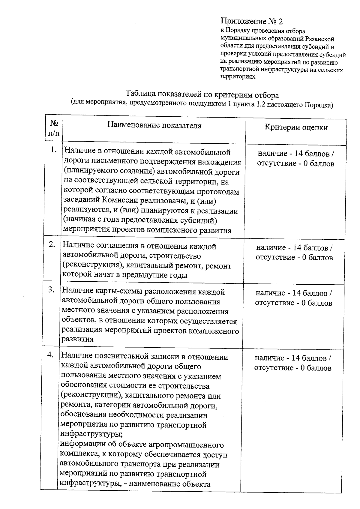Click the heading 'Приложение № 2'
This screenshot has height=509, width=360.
pyautogui.click(x=252, y=21)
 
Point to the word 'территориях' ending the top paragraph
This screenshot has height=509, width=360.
pyautogui.click(x=238, y=77)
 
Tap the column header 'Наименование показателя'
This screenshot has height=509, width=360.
pyautogui.click(x=154, y=125)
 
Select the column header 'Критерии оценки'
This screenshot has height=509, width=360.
pyautogui.click(x=296, y=127)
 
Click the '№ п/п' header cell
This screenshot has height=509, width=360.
pyautogui.click(x=54, y=128)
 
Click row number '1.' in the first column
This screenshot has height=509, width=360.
pyautogui.click(x=54, y=150)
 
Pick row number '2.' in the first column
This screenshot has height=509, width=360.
pyautogui.click(x=52, y=244)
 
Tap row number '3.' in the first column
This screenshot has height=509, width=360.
pyautogui.click(x=52, y=290)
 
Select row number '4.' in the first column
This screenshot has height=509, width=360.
pyautogui.click(x=51, y=355)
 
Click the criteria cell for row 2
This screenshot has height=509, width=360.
pyautogui.click(x=294, y=253)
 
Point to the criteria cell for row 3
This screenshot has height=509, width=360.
pyautogui.click(x=294, y=298)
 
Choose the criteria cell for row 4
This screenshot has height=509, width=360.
pyautogui.click(x=293, y=363)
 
